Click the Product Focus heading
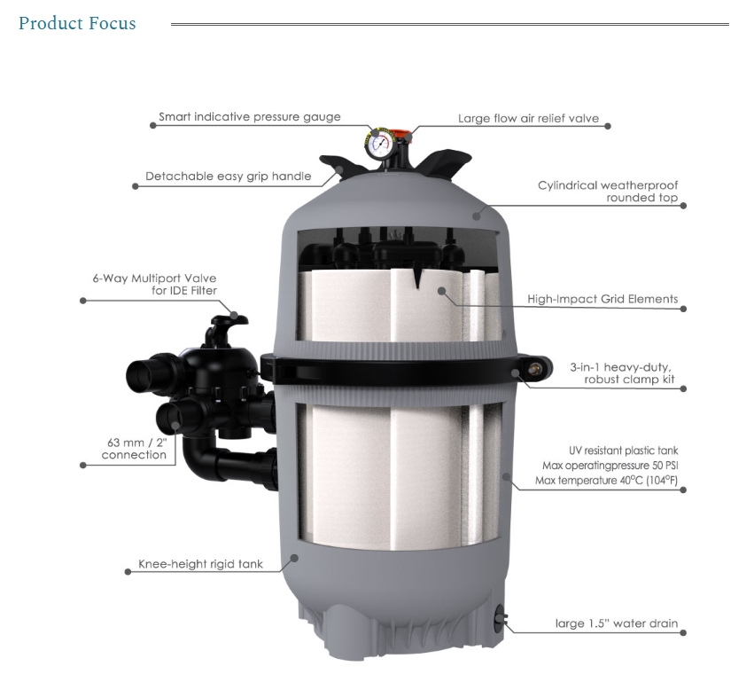click(77, 24)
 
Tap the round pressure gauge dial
click(380, 145)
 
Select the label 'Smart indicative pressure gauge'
click(250, 117)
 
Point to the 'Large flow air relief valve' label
click(528, 119)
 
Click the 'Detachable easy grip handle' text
click(229, 176)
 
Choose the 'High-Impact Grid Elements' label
click(602, 299)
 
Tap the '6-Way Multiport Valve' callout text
click(154, 278)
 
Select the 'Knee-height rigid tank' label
click(200, 564)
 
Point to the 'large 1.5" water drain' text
click(617, 623)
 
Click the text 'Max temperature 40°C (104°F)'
click(606, 481)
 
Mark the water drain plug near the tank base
click(500, 617)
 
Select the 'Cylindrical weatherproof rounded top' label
click(608, 192)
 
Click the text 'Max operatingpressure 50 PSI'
click(610, 466)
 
